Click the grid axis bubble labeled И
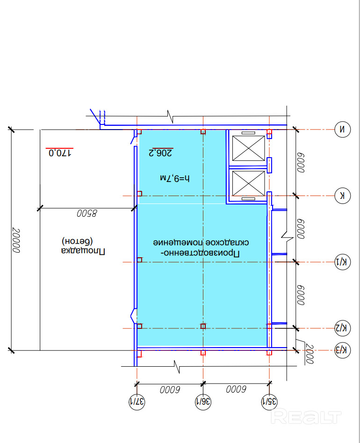342,130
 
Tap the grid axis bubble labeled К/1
342,262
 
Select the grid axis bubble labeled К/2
342,328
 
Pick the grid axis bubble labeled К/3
342,350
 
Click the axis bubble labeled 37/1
137,401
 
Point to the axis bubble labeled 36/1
203,401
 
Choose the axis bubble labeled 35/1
269,401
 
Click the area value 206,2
160,153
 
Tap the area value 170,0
60,153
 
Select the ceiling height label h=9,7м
175,178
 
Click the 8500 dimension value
86,213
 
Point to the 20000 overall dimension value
16,240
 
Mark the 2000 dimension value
310,354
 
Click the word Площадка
83,251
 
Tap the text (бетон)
77,241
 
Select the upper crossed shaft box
248,148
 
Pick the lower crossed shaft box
248,183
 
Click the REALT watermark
306,417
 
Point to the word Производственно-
200,253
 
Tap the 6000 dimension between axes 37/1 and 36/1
170,390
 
